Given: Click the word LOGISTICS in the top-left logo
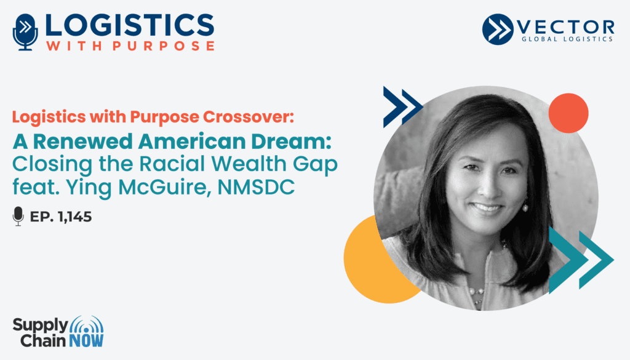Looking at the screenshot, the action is click(x=129, y=25).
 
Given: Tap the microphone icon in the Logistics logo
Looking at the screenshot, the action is click(x=25, y=32).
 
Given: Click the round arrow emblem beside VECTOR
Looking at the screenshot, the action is click(x=497, y=29).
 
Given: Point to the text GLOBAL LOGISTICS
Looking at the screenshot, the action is click(x=567, y=39).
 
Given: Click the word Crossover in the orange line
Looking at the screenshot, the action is click(x=249, y=116).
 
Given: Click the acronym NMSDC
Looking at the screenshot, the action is click(x=256, y=187).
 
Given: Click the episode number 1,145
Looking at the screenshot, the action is click(x=74, y=217).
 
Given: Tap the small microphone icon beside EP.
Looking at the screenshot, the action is click(x=18, y=216).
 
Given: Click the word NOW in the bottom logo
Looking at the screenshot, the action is click(x=86, y=341).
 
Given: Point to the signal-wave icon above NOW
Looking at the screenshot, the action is click(x=86, y=325).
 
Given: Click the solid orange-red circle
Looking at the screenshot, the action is click(x=568, y=113).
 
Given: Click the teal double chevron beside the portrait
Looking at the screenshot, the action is click(x=581, y=260).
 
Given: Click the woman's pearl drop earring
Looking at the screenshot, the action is click(x=524, y=207).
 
